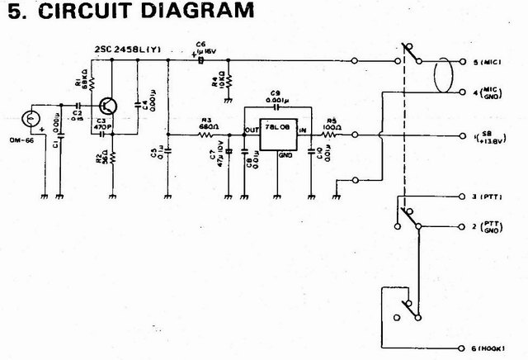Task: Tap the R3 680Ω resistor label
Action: pos(205,123)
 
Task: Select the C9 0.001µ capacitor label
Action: pos(276,97)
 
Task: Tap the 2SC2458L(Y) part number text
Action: pos(134,50)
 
